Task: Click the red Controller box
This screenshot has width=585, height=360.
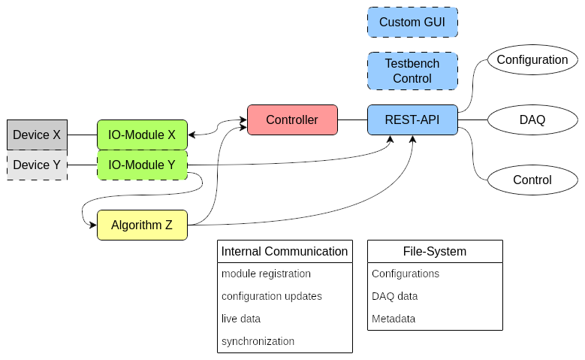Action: [292, 119]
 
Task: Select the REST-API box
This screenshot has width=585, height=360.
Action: [412, 119]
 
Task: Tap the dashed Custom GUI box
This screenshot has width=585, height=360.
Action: [412, 23]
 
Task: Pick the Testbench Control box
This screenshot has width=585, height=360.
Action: [412, 71]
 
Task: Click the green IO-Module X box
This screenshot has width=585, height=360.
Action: [142, 135]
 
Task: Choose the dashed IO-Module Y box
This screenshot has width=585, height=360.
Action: [142, 165]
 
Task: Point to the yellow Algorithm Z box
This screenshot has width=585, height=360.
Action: [142, 225]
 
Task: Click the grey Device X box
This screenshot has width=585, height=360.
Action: [37, 135]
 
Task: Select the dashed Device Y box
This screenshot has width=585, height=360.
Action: [37, 165]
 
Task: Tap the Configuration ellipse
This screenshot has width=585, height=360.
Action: [532, 60]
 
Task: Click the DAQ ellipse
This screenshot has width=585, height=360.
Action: [532, 119]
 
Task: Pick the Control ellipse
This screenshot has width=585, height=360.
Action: [532, 180]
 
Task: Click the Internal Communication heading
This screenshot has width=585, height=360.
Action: [285, 251]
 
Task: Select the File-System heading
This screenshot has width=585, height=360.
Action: [435, 251]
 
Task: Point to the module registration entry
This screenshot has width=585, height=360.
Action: [266, 274]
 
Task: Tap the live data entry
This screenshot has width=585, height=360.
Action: [241, 319]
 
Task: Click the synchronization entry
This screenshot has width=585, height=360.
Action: [258, 341]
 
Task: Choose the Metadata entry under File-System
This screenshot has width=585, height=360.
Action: [394, 319]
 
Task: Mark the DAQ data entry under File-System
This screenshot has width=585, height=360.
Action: [394, 296]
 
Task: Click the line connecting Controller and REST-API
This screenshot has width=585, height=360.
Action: [352, 119]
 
